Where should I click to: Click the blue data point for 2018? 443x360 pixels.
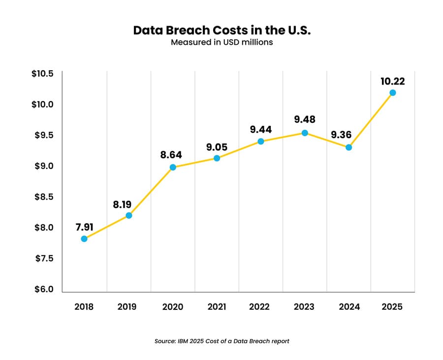[x=84, y=239]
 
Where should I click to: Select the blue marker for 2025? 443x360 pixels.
[x=392, y=92]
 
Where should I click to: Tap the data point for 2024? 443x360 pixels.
[x=348, y=147]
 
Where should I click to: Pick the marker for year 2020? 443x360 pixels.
[x=173, y=167]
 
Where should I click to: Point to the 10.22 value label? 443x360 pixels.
[x=392, y=81]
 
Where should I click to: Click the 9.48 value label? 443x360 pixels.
[x=305, y=120]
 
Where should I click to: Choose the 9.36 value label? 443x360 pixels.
[x=348, y=134]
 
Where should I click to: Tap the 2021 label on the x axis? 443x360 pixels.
[x=217, y=307]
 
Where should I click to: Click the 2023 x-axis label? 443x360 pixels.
[x=304, y=307]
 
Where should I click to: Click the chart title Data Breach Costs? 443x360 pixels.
[x=221, y=30]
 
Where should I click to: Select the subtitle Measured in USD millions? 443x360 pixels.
[x=221, y=42]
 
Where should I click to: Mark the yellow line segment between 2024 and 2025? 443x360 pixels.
[x=371, y=120]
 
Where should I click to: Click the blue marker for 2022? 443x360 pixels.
[x=261, y=141]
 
